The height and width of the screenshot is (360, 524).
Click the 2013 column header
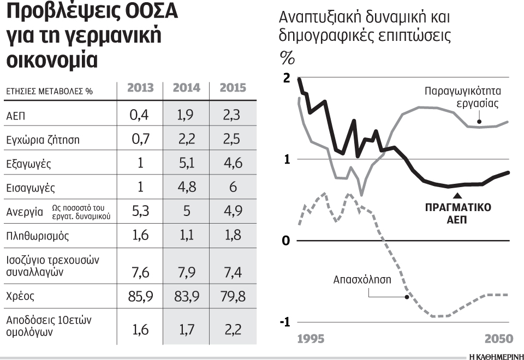(140, 88)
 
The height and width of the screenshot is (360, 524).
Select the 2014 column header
(186, 88)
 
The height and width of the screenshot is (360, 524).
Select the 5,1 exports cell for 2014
(186, 163)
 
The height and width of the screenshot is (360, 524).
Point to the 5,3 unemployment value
(140, 211)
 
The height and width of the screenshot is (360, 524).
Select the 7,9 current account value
(186, 271)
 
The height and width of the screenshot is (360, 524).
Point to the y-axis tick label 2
(287, 79)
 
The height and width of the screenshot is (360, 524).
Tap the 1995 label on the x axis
(311, 339)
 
